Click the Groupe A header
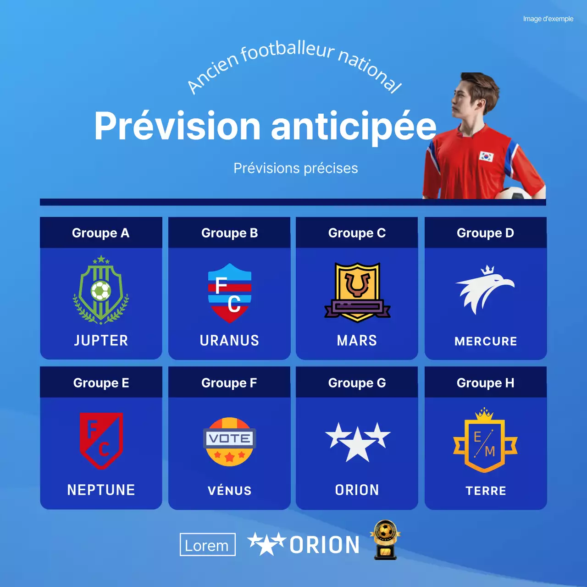tap(101, 233)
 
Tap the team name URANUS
tap(229, 340)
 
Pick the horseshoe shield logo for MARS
tap(357, 292)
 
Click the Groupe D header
tap(485, 233)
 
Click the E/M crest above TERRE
tap(485, 441)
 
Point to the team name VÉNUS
tap(229, 491)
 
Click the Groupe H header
tap(485, 383)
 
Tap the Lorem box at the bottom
tap(207, 545)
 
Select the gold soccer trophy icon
tap(385, 539)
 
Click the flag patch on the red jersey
tap(486, 156)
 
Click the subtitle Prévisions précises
tap(296, 168)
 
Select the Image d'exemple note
tap(548, 19)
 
